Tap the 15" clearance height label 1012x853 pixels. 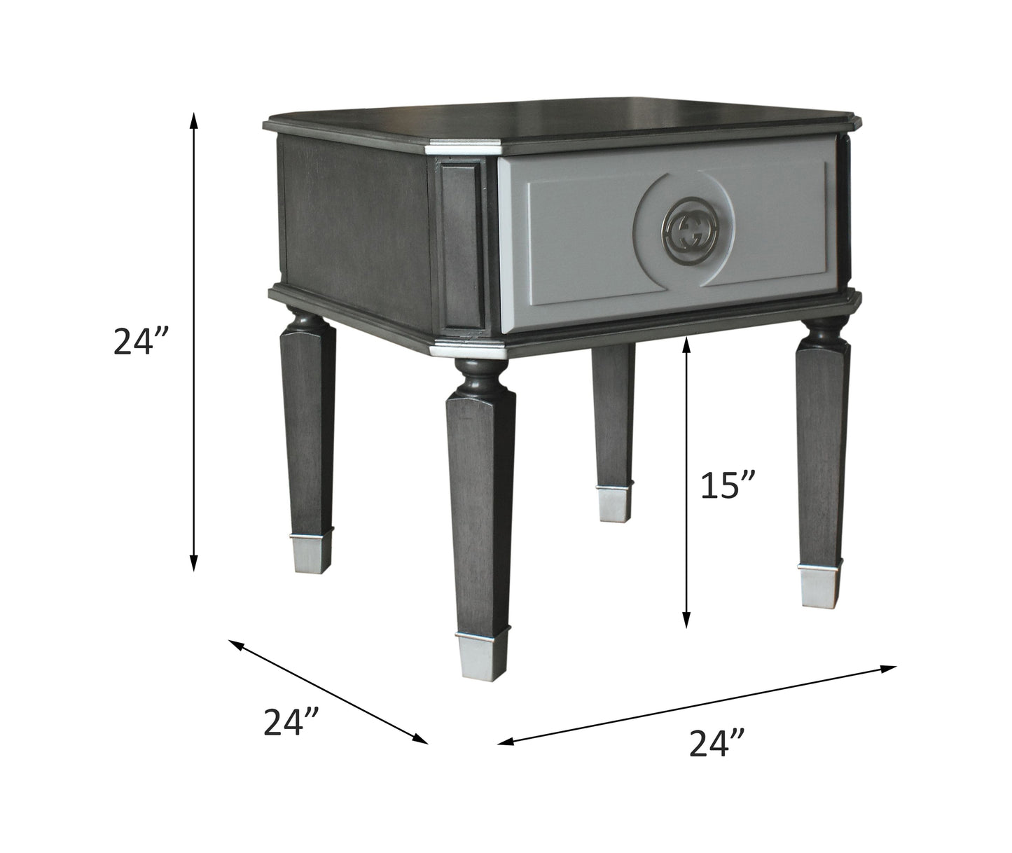pos(728,485)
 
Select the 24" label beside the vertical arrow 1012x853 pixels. pos(141,342)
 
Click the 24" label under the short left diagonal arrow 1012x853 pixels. pos(291,722)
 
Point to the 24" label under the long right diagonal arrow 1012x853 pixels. pos(716,743)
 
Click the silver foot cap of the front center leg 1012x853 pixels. pos(481,655)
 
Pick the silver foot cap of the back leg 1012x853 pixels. pos(614,502)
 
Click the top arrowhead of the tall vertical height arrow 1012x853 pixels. pos(195,120)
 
